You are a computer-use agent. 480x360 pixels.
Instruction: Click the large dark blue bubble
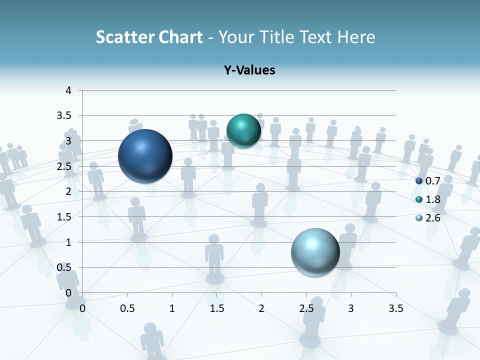click(x=145, y=156)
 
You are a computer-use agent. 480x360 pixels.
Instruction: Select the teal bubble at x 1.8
click(x=243, y=130)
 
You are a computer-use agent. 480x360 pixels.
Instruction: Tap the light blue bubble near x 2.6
click(x=315, y=252)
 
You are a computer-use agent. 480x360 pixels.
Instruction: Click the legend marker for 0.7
click(x=419, y=180)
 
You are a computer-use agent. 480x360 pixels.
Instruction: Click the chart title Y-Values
click(x=249, y=70)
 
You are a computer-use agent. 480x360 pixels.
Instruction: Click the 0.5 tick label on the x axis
click(x=127, y=308)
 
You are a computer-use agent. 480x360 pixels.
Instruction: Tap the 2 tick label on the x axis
click(x=261, y=308)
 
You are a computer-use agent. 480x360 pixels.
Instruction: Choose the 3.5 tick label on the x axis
click(x=396, y=308)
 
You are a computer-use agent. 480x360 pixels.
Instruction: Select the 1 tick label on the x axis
click(x=172, y=308)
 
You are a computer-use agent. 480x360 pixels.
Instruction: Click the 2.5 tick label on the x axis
click(x=306, y=308)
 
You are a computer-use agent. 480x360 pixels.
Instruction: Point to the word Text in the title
click(x=315, y=37)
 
